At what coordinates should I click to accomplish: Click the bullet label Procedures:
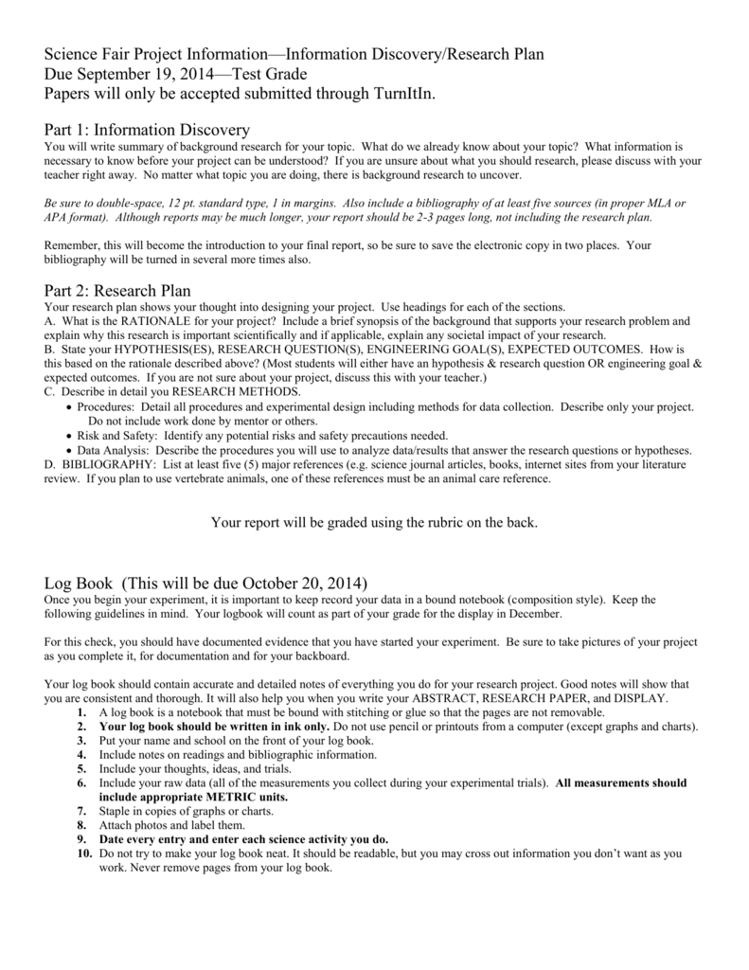tap(108, 406)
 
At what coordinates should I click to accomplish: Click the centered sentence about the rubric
tap(374, 522)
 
